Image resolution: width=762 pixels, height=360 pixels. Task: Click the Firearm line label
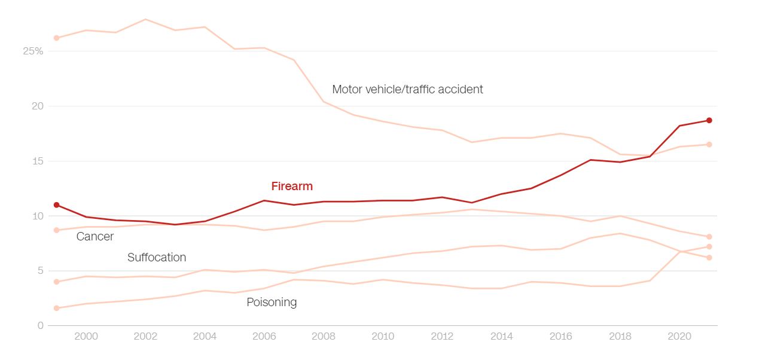pos(292,186)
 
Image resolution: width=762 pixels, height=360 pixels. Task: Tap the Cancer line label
pos(95,236)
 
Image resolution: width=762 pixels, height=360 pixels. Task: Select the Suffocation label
pos(157,257)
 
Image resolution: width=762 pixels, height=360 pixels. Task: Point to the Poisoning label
pos(272,302)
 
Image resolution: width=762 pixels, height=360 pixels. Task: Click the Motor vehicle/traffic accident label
pos(407,89)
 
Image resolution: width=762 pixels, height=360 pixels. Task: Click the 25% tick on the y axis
pos(33,51)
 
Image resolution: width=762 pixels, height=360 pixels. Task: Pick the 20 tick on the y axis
pos(38,106)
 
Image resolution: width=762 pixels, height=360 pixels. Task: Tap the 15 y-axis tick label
pos(38,161)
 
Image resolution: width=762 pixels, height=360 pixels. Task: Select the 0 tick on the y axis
pos(41,325)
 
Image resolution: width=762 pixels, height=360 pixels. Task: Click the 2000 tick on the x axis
pos(86,336)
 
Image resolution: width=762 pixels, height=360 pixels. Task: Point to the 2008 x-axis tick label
pos(324,336)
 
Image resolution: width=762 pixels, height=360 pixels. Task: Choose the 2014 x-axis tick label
pos(501,336)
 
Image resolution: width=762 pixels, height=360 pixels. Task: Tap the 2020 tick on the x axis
pos(679,336)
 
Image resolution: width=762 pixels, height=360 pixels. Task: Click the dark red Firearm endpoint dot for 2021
pos(709,120)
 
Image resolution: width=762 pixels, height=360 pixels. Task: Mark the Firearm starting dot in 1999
pos(57,205)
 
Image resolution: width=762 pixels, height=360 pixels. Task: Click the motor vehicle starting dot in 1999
pos(57,38)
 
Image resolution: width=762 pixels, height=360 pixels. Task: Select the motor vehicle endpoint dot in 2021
pos(709,144)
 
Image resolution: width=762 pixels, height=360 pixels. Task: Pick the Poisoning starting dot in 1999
pos(57,308)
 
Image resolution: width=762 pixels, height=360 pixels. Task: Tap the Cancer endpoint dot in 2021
pos(709,237)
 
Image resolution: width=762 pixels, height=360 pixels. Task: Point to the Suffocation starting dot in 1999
pos(57,282)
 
